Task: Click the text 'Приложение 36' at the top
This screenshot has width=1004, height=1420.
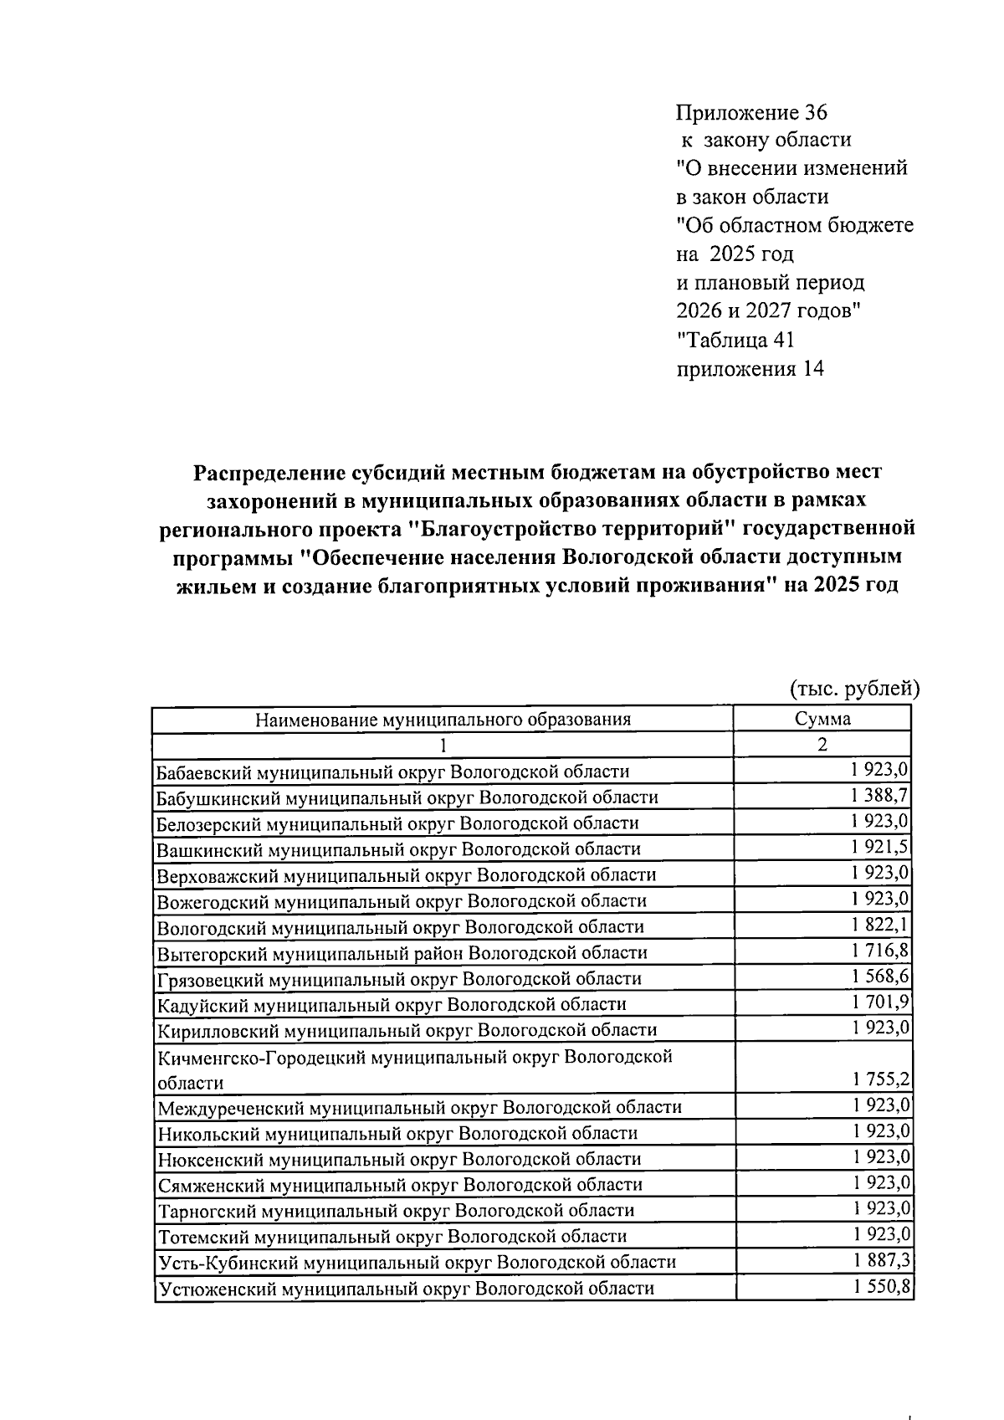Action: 750,112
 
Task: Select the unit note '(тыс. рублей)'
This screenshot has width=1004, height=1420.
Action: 855,689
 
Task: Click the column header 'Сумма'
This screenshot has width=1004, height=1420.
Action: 822,719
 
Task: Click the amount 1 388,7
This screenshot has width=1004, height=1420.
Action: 880,795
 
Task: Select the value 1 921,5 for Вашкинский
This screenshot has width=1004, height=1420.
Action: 880,847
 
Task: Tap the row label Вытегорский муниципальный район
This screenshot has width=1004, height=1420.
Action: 402,952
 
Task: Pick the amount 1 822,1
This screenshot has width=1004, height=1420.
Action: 880,925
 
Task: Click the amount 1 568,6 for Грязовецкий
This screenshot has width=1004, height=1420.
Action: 880,977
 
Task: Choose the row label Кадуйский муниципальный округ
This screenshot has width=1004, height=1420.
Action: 392,1004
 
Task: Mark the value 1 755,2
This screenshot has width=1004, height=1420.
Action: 880,1080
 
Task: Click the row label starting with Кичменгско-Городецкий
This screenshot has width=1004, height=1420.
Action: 414,1057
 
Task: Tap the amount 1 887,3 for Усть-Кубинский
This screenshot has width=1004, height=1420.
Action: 880,1260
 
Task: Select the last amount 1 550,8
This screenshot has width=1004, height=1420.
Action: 880,1287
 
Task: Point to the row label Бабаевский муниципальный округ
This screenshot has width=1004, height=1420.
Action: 393,772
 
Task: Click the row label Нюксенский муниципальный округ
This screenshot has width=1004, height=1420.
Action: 399,1159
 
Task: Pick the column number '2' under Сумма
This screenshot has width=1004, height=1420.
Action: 822,745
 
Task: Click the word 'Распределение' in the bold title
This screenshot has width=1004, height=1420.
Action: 269,473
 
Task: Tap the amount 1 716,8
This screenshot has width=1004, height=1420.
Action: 880,951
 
